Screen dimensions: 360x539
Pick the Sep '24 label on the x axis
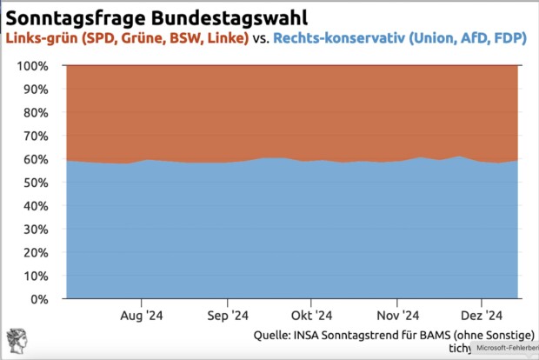point(228,316)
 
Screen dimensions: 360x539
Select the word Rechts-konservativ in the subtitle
point(341,39)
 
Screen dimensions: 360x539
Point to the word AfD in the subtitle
point(466,39)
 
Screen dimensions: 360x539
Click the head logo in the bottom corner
point(16,342)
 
